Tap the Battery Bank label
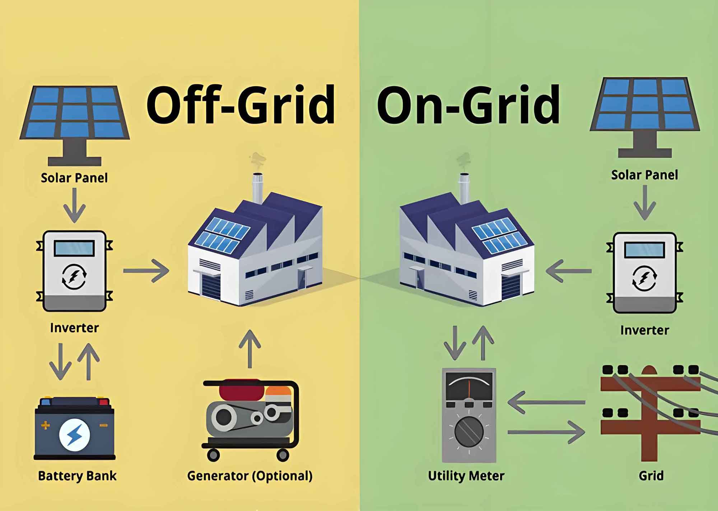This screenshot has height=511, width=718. click(x=77, y=476)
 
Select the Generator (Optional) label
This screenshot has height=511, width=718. click(x=250, y=476)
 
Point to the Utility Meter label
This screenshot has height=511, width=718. click(x=466, y=476)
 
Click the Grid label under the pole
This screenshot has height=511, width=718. click(x=651, y=476)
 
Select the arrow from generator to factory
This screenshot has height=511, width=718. click(x=250, y=349)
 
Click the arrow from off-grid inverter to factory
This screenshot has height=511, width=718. click(x=146, y=271)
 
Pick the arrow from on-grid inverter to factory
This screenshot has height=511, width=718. click(x=568, y=271)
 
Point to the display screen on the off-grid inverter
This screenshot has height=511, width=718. click(x=74, y=248)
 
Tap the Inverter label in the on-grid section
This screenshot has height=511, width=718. click(x=645, y=330)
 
